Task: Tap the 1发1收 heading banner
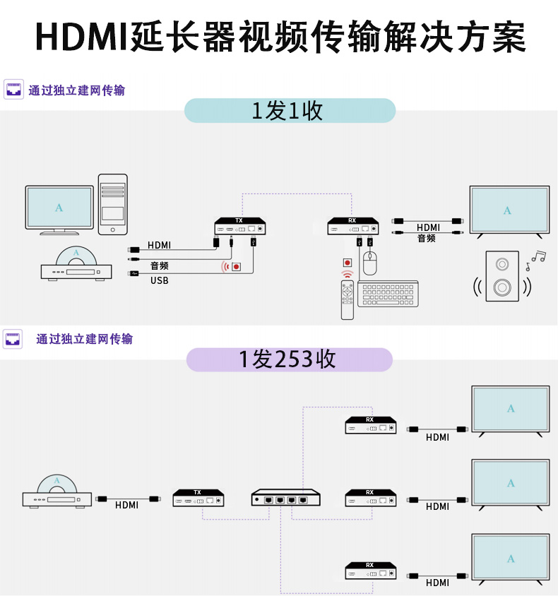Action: tap(290, 111)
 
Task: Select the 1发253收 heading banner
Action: tap(289, 359)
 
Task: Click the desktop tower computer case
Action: tap(113, 204)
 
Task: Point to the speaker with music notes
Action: tap(502, 276)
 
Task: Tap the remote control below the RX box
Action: tap(347, 299)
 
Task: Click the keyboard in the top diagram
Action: tap(388, 294)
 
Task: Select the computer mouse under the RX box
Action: tap(371, 264)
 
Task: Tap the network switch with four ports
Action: tap(285, 498)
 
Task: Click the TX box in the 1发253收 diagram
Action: tap(198, 498)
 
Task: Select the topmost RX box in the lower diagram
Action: tap(370, 426)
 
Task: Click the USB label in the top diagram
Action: tap(160, 280)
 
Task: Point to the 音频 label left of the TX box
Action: tap(160, 266)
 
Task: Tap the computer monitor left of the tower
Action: tap(59, 208)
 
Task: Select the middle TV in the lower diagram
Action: tap(511, 484)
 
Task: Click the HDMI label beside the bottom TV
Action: tap(438, 583)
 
